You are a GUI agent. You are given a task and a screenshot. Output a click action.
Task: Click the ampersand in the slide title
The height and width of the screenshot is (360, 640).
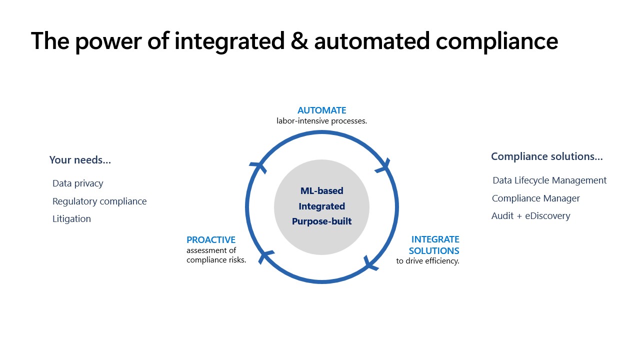click(299, 41)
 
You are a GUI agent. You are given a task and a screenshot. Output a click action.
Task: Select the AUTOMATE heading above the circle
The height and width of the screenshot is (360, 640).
click(321, 110)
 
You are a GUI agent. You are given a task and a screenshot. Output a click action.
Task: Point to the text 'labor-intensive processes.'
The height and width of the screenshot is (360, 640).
click(321, 121)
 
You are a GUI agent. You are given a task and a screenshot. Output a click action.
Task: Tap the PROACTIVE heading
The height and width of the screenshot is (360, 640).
click(211, 239)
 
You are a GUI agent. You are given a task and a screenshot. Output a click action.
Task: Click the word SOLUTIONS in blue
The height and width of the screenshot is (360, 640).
click(434, 251)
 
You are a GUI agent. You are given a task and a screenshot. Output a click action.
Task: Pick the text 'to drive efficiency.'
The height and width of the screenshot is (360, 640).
click(427, 261)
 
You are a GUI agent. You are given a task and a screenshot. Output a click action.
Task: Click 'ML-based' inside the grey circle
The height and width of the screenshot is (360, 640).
click(321, 190)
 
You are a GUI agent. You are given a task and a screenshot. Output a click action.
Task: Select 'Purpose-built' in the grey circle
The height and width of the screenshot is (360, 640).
click(321, 221)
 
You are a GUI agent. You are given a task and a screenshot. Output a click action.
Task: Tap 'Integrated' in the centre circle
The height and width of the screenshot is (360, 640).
click(321, 206)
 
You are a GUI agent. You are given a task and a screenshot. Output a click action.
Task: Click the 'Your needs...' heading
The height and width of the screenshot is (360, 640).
click(80, 160)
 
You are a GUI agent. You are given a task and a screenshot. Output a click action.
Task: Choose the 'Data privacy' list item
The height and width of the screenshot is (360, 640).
click(77, 183)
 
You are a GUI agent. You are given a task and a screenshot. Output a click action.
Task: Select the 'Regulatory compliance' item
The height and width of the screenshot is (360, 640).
click(99, 201)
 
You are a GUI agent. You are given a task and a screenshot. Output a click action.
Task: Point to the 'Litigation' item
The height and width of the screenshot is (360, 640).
click(71, 219)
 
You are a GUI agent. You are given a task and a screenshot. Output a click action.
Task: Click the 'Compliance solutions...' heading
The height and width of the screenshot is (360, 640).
click(547, 156)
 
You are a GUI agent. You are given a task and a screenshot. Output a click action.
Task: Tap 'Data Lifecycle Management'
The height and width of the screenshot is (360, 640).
click(549, 180)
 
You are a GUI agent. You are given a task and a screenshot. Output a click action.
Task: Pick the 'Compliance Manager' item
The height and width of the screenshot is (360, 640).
click(535, 198)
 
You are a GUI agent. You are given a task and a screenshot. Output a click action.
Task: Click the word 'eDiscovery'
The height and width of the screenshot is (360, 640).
click(547, 216)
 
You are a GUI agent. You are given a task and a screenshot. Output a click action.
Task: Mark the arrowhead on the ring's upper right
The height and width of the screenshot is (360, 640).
click(383, 166)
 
